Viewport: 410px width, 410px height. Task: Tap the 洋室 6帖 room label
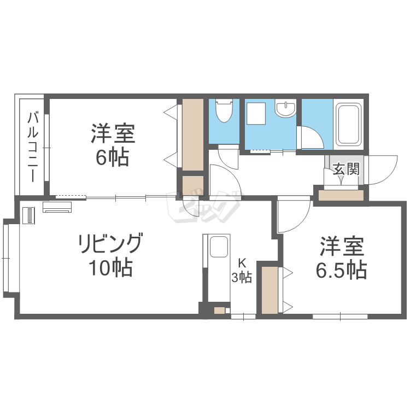point(114,145)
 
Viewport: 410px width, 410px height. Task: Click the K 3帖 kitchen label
point(241,270)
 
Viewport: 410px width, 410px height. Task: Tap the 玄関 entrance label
point(346,169)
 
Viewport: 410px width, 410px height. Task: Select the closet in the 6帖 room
point(192,134)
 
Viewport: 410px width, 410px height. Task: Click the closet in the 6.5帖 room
point(270,290)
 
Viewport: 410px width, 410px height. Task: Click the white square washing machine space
point(255,115)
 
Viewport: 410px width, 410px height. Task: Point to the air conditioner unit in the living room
point(57,207)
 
